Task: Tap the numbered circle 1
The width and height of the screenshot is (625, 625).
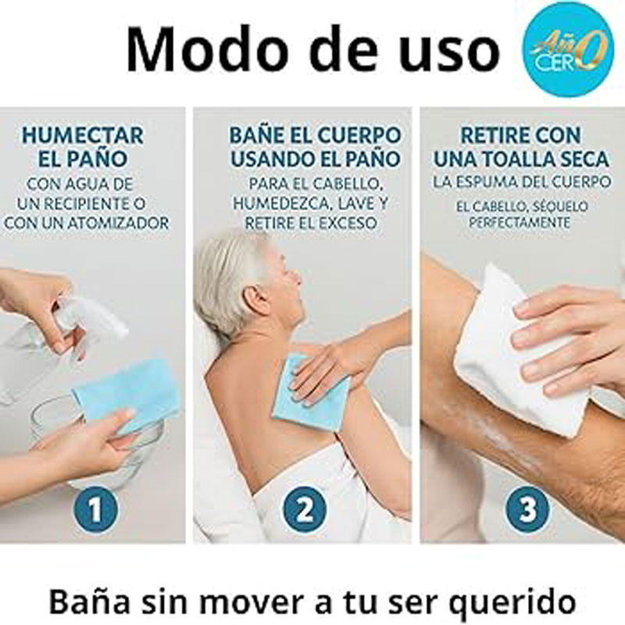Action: pyautogui.click(x=95, y=510)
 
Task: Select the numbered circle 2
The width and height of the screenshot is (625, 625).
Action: pyautogui.click(x=305, y=510)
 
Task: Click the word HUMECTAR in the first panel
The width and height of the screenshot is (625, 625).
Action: pyautogui.click(x=83, y=135)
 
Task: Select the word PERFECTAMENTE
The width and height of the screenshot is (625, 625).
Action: pyautogui.click(x=520, y=223)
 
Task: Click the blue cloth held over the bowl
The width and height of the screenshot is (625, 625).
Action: pyautogui.click(x=127, y=395)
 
